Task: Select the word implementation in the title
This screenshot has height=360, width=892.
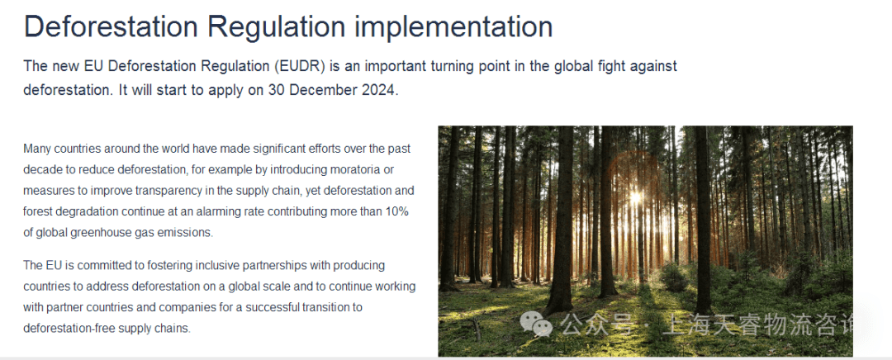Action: click(454, 27)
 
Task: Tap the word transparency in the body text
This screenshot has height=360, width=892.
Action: click(187, 191)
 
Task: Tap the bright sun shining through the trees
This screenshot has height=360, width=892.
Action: click(635, 197)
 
